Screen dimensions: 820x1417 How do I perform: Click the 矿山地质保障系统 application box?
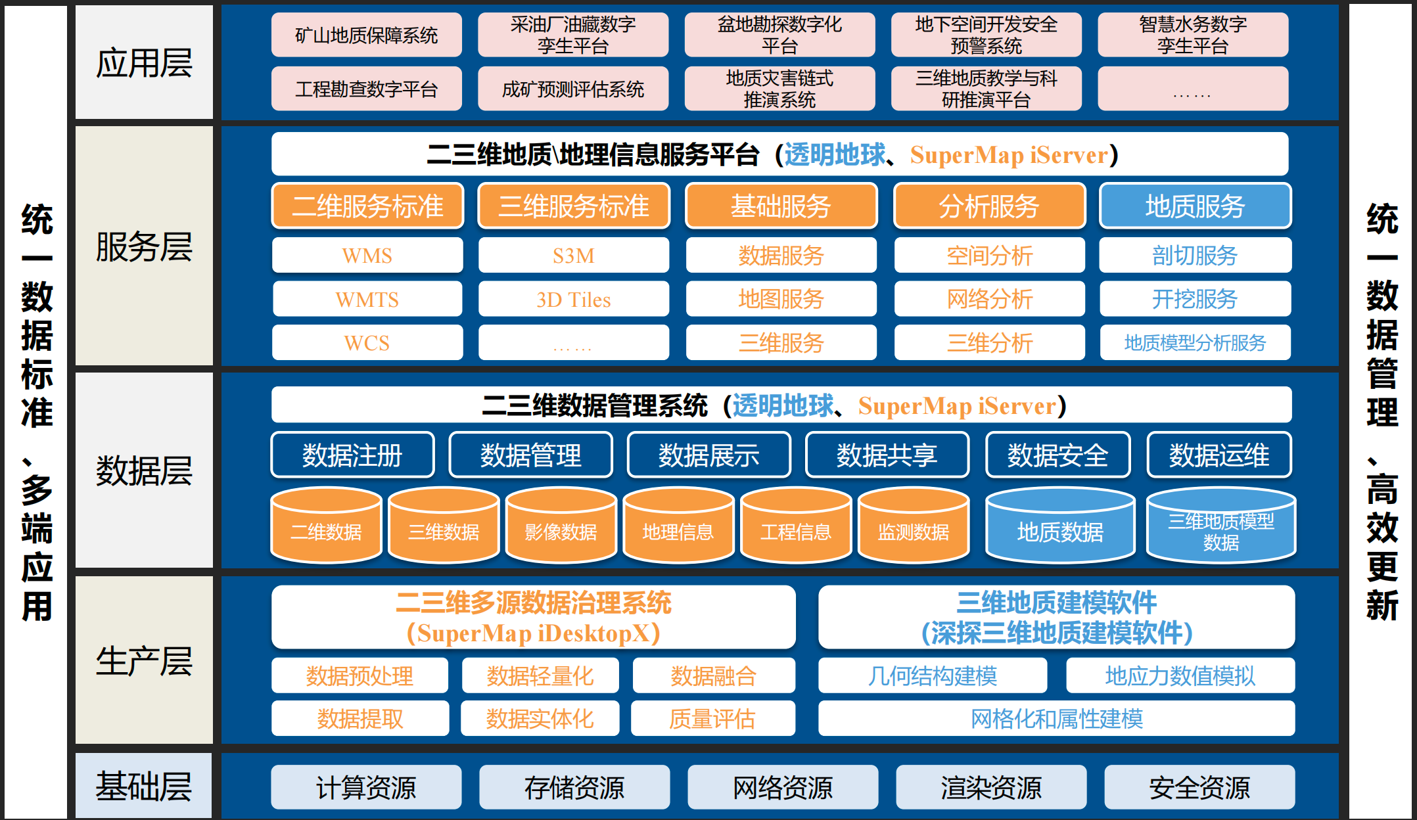(x=366, y=35)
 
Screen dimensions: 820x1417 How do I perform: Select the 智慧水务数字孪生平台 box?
(x=1192, y=35)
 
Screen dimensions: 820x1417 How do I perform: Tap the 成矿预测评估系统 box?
(x=572, y=89)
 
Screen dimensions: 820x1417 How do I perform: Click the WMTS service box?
(x=367, y=300)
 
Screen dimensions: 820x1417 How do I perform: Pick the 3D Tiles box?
(x=573, y=300)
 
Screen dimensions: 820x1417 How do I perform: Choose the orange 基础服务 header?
(x=781, y=206)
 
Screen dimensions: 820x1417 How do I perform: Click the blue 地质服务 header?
(x=1195, y=206)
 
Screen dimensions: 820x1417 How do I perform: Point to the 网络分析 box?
(x=989, y=300)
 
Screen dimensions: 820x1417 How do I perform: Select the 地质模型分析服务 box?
(x=1195, y=343)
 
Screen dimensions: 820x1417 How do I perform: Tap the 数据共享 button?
(x=887, y=455)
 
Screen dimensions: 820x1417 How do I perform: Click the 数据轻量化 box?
(x=540, y=675)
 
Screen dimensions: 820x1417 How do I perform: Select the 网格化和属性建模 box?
(x=1056, y=718)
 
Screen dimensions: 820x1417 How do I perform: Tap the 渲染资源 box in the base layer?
(x=990, y=787)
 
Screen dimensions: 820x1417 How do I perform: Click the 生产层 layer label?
(x=144, y=660)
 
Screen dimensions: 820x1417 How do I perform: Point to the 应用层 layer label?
(x=144, y=63)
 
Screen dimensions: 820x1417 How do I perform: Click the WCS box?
(x=367, y=343)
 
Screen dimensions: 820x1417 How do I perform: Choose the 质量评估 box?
(x=712, y=718)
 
